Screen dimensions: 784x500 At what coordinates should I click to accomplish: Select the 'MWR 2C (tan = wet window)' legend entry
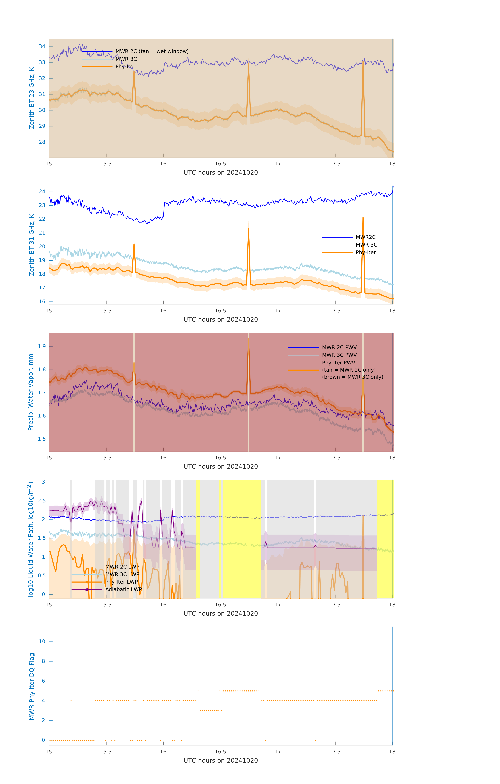pos(152,51)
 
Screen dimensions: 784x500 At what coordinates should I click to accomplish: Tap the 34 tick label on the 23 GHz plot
pos(42,47)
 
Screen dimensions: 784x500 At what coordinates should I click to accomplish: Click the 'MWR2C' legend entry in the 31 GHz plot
pos(365,237)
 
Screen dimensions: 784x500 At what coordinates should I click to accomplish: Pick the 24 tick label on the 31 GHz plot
pos(42,191)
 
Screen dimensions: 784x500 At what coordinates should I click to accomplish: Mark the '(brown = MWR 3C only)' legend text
pos(352,377)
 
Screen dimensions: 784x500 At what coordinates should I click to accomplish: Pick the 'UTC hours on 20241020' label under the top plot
pos(221,173)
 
